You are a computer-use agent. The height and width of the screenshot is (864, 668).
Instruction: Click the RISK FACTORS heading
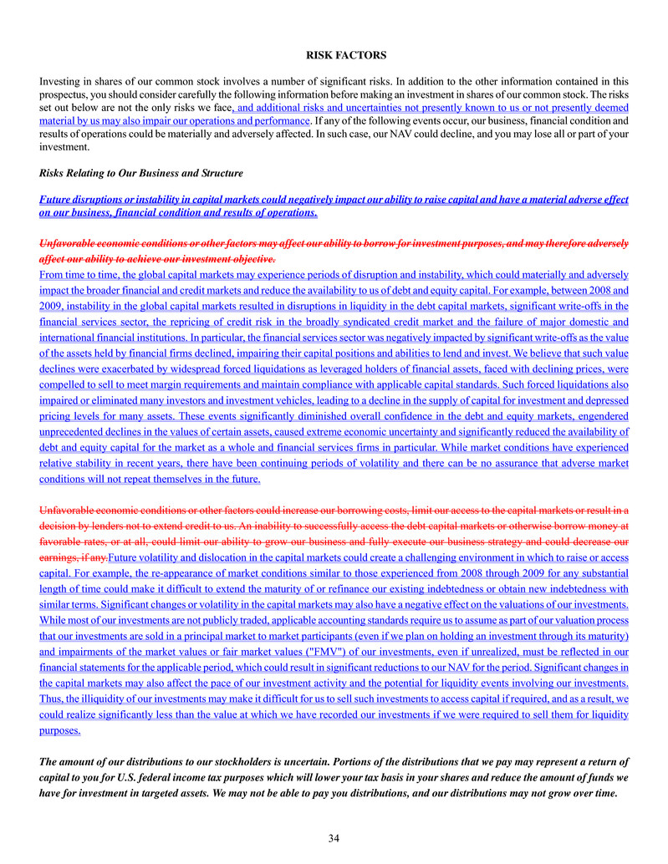pyautogui.click(x=345, y=55)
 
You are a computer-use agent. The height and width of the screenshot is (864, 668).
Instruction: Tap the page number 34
pyautogui.click(x=334, y=838)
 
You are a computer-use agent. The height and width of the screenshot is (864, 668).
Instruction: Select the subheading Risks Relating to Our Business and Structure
pyautogui.click(x=141, y=173)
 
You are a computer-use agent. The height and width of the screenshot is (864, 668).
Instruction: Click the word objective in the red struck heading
pyautogui.click(x=246, y=259)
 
